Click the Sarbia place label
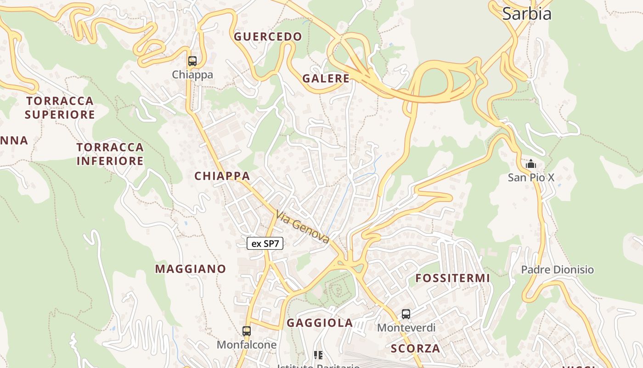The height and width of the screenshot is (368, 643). pos(526,14)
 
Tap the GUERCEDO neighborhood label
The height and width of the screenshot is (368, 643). pos(268,37)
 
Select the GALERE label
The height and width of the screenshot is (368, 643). pos(326,79)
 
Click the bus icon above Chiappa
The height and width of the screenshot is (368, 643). pos(192,61)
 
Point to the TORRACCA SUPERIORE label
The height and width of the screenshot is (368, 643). pos(60,108)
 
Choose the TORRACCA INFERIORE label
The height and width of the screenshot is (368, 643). pos(110,154)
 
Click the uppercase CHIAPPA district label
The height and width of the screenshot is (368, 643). pos(222,176)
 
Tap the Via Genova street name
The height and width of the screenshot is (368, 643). pos(303,227)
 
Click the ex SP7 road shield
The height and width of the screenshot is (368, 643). pos(265,244)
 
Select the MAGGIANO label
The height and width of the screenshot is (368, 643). pos(191,269)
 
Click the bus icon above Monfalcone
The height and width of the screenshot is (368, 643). pos(247,331)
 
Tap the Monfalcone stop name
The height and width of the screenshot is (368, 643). pos(247,345)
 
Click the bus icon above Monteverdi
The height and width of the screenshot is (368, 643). pos(406,314)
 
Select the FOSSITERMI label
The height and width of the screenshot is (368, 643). pos(452,278)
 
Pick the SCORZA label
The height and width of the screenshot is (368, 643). pos(415,349)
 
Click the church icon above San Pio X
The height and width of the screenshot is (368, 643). pos(531,164)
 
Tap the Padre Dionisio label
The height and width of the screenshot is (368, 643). pos(557,270)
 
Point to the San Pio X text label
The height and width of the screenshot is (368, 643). pos(531,177)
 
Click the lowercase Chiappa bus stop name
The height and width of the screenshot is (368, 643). pos(192,75)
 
